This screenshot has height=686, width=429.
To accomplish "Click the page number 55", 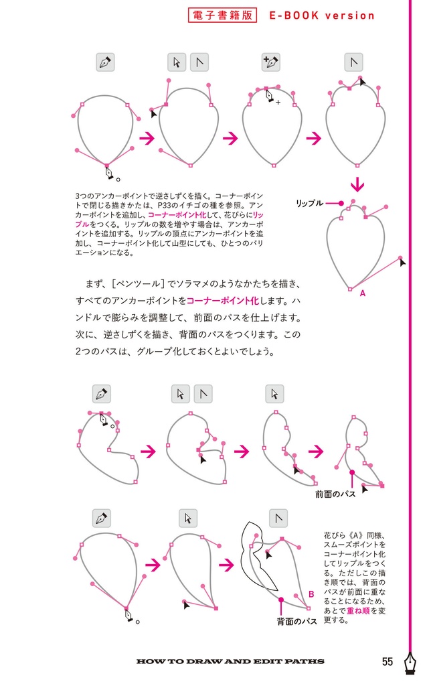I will tap(388, 662).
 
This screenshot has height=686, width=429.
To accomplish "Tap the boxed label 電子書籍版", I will tap(223, 15).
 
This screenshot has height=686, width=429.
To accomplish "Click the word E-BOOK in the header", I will tap(293, 15).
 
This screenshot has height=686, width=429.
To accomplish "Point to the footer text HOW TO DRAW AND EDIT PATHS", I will tap(230, 662).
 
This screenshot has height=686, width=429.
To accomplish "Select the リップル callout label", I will tap(310, 202).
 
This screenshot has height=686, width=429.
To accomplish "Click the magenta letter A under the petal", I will tap(362, 293).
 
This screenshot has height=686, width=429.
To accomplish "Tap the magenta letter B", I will tap(311, 594).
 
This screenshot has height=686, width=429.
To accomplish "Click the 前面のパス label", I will tap(335, 494).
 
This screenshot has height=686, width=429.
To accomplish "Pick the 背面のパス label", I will tap(296, 622).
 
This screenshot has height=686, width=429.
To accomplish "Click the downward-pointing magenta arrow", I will tap(358, 184).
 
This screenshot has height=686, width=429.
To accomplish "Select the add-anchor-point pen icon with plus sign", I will tap(270, 62).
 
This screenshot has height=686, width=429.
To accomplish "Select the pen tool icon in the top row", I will tap(105, 62).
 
